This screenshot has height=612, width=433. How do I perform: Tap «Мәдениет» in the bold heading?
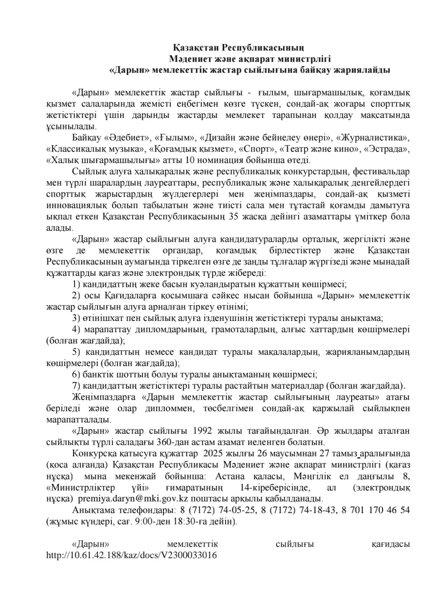(x=189, y=59)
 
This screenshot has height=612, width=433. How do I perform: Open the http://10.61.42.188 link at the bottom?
(x=131, y=555)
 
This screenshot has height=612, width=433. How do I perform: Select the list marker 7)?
(x=76, y=386)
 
